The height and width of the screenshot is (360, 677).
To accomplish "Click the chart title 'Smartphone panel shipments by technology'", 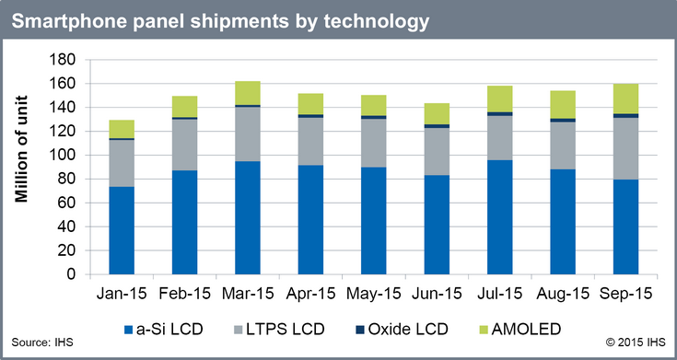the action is tap(220, 20).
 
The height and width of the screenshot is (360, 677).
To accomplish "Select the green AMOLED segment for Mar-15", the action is tap(248, 93).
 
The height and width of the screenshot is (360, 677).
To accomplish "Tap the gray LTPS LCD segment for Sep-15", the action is tap(625, 148).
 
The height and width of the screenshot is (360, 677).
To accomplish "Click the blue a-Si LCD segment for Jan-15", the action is tap(122, 230).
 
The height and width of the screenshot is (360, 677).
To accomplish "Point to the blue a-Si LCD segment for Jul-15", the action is tap(499, 217).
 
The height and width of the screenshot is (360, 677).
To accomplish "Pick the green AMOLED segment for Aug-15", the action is tap(563, 104).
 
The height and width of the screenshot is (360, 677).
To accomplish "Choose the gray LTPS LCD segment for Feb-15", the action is tap(184, 145).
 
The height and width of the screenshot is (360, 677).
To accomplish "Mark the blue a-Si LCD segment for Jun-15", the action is tap(437, 225).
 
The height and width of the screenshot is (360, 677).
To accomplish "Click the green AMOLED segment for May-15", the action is tap(373, 105).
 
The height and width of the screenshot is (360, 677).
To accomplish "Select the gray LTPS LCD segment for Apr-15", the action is tap(310, 142).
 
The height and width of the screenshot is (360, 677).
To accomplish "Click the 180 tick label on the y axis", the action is tap(65, 60).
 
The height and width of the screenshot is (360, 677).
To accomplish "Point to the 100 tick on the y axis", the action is tap(65, 155).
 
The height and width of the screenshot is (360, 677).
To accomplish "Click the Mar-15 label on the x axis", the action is tap(248, 294).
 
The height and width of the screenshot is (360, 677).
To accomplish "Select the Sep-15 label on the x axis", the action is tap(625, 294).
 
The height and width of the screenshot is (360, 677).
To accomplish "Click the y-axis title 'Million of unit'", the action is tap(21, 149).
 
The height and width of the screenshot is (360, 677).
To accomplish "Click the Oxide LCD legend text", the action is tap(408, 330).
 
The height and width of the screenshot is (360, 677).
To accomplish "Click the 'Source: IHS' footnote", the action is tap(42, 343).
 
